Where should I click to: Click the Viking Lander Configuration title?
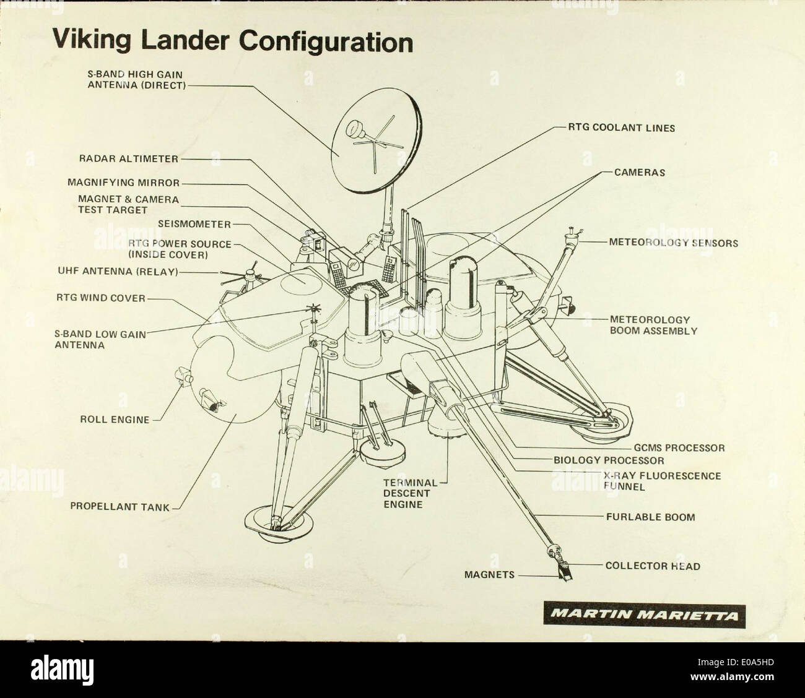[232, 41]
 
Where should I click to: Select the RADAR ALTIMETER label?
[128, 158]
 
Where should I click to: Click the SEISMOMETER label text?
[194, 224]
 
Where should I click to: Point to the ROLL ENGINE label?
[115, 420]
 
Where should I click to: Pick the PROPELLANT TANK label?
[120, 506]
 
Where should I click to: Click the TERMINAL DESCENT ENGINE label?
[410, 493]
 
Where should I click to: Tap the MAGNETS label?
[489, 575]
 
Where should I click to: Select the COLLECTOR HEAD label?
[653, 566]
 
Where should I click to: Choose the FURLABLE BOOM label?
[650, 517]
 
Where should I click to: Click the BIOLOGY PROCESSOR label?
[608, 460]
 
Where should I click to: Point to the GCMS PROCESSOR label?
[679, 447]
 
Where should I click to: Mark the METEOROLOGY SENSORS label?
[673, 243]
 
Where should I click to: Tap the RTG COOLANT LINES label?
[621, 128]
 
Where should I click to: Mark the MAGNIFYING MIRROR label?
[123, 183]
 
